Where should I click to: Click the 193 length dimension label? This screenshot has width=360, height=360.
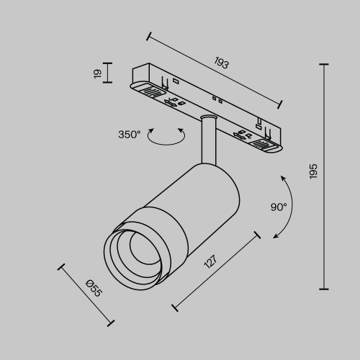(222, 64)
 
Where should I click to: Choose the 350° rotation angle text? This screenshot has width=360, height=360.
(130, 134)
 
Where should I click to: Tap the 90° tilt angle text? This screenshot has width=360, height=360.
(279, 207)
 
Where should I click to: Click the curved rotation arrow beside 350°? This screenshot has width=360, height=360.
(166, 137)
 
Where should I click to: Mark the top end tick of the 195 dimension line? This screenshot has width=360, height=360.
(323, 65)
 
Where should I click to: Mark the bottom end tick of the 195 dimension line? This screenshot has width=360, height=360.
(323, 287)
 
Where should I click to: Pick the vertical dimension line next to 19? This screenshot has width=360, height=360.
(108, 73)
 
